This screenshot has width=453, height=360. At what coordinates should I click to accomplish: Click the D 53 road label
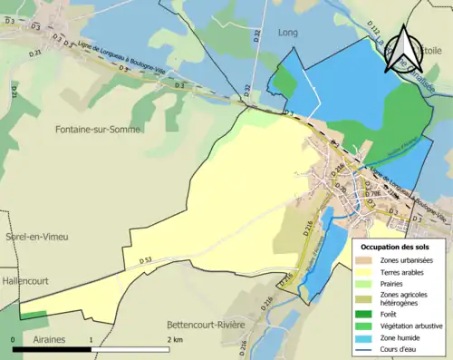tap(149, 260)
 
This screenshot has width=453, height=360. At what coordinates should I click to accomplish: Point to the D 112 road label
tap(374, 34)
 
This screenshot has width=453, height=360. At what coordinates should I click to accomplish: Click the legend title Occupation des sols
tap(396, 247)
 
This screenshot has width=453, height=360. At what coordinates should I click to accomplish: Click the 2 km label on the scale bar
tap(175, 339)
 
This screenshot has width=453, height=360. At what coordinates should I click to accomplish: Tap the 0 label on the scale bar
tap(14, 339)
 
